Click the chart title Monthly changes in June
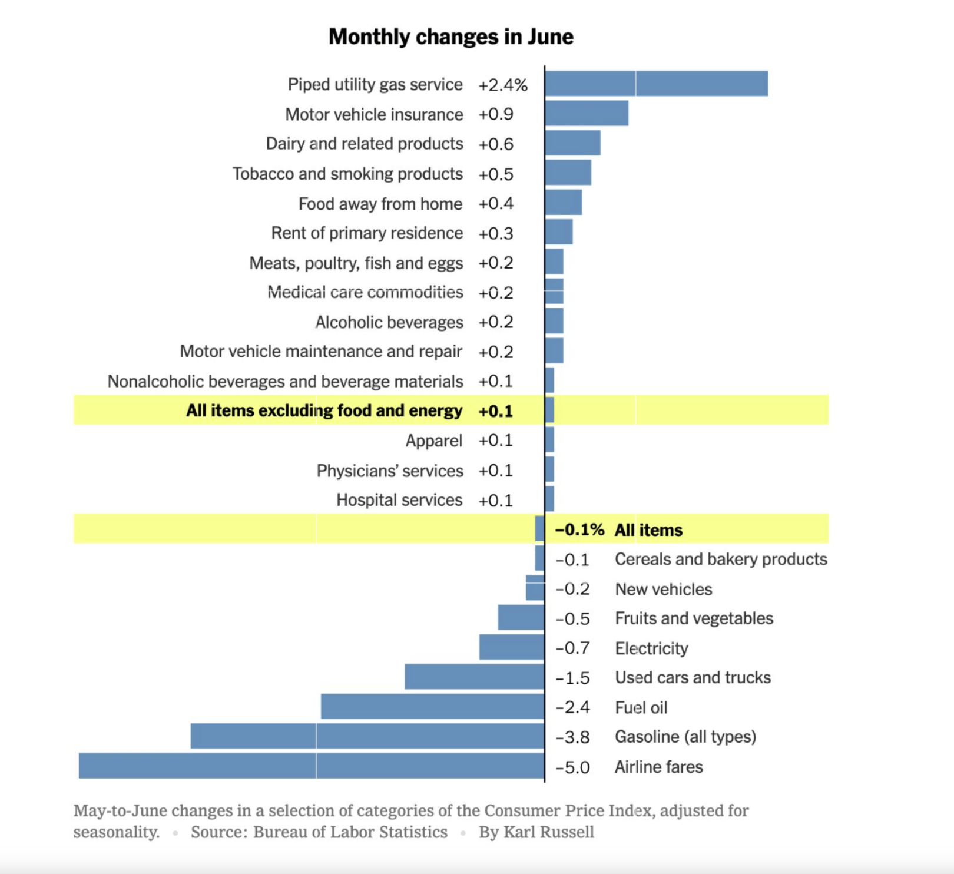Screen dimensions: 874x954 tap(450, 37)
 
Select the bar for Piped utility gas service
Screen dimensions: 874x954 tap(656, 84)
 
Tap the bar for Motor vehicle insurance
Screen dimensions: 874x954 tap(587, 113)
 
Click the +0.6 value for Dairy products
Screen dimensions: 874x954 tap(495, 144)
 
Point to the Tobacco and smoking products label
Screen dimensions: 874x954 tap(347, 174)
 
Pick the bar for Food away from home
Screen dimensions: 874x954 tap(564, 203)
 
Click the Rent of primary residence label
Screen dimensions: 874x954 tap(367, 233)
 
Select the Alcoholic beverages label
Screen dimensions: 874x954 tap(389, 322)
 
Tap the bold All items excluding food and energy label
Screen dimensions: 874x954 tap(324, 410)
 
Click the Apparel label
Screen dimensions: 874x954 tap(434, 441)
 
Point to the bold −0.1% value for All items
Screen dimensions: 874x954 tap(579, 530)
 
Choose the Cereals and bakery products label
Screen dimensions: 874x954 tap(721, 560)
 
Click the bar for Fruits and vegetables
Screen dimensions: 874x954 tap(521, 618)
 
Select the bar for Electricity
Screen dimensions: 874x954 tap(512, 647)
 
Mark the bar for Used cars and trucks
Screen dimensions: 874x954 tap(475, 677)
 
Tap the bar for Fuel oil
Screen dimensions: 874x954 tap(433, 707)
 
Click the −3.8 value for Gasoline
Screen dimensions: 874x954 tap(572, 737)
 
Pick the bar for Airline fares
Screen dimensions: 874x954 tap(312, 766)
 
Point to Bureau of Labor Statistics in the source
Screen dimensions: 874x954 tap(350, 832)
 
